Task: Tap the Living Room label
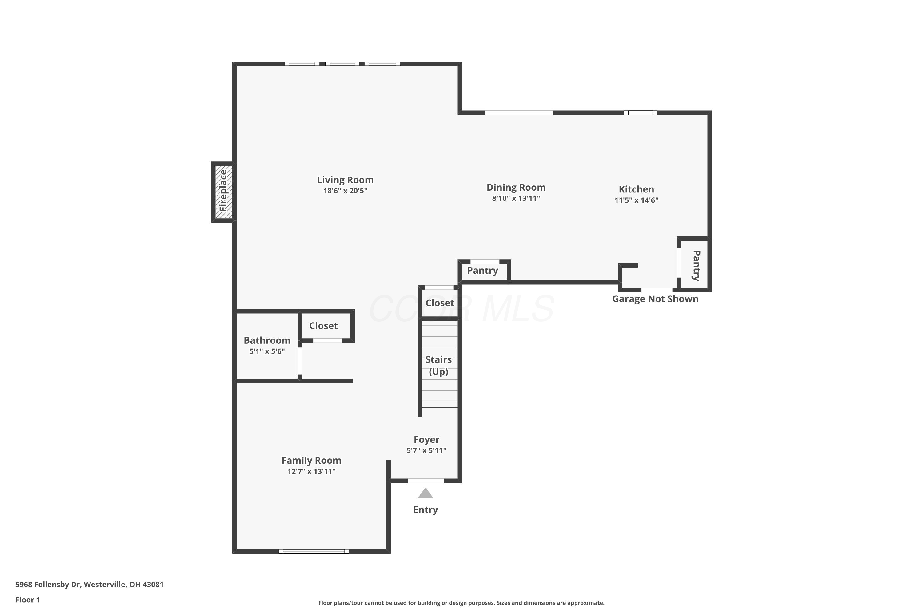click(345, 180)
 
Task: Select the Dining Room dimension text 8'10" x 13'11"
click(516, 198)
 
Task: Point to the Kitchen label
click(637, 189)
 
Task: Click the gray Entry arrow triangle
click(426, 494)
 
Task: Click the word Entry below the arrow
click(426, 510)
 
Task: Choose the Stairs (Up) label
click(438, 366)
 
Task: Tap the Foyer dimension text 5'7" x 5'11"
click(426, 451)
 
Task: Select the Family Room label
click(311, 460)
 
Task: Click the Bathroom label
click(267, 340)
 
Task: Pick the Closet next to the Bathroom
click(323, 326)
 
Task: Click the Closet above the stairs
click(440, 303)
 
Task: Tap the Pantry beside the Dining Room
click(483, 271)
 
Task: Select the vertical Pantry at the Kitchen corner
click(696, 266)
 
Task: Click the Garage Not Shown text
click(655, 299)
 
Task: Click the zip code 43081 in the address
click(153, 585)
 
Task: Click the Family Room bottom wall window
click(314, 551)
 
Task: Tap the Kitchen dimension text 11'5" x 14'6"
click(637, 200)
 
